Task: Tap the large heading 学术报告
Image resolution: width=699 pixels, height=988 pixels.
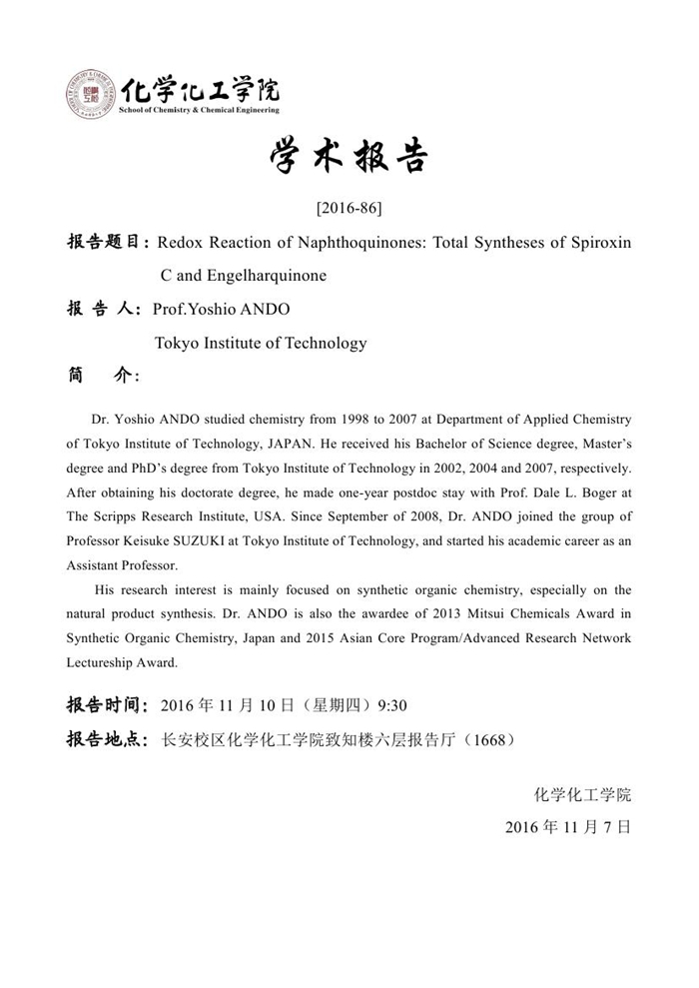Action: [x=349, y=158]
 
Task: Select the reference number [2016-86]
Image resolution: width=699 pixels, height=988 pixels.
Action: [x=349, y=209]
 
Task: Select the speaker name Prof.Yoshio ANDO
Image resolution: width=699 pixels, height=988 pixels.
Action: [x=221, y=310]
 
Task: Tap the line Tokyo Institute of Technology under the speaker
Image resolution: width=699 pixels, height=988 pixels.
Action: [x=260, y=343]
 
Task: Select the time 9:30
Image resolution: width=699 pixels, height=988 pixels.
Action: [x=392, y=706]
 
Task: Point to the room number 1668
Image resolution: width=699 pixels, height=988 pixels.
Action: [x=490, y=740]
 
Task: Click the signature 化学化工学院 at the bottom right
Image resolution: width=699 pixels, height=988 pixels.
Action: [x=583, y=795]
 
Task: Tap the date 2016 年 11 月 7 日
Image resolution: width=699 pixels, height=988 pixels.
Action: [x=568, y=827]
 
